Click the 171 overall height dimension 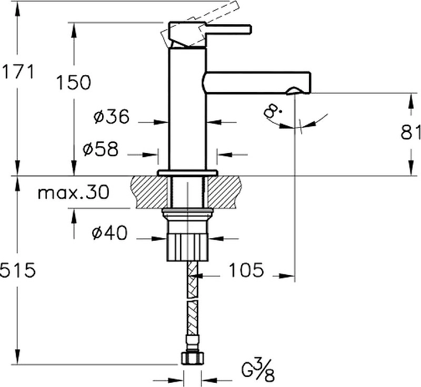click(18, 72)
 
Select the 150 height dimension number click(74, 82)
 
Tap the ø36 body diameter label click(112, 116)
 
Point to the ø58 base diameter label click(101, 149)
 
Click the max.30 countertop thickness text click(74, 192)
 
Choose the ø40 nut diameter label click(109, 232)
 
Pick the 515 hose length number click(18, 270)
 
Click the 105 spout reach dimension click(246, 270)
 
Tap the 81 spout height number click(411, 131)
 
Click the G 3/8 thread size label click(258, 370)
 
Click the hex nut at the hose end click(191, 358)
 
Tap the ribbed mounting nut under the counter click(187, 247)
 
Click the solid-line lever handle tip click(249, 29)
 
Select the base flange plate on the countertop click(188, 173)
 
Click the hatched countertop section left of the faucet click(149, 192)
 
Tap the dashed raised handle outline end click(234, 6)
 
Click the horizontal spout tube click(256, 83)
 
